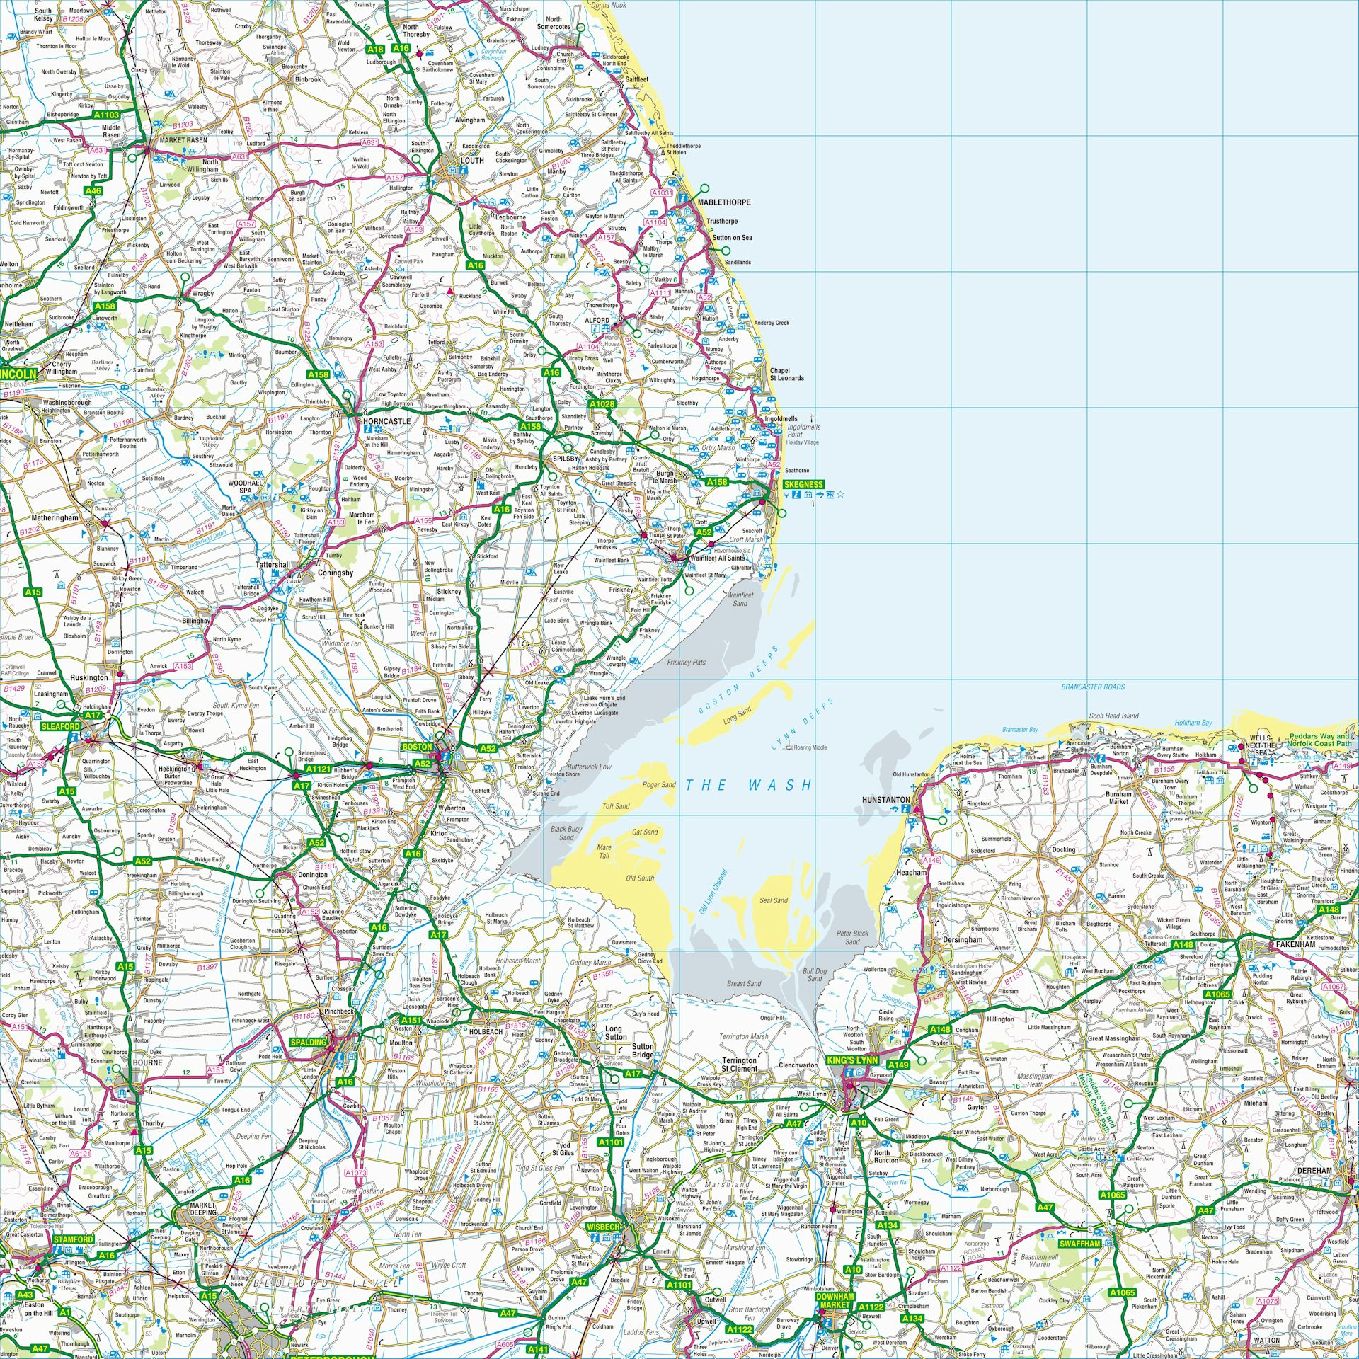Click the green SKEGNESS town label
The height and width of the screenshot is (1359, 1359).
click(803, 485)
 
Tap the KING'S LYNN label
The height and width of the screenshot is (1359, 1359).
click(852, 1060)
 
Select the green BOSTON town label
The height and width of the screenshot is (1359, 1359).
click(417, 747)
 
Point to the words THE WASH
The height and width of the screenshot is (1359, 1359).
click(748, 785)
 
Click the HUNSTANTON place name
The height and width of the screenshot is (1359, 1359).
click(885, 800)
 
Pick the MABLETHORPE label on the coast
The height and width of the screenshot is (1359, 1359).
click(724, 202)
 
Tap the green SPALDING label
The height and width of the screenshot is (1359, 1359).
click(309, 1043)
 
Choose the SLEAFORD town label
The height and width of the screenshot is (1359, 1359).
click(61, 726)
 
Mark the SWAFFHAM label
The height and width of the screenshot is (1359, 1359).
click(1079, 1244)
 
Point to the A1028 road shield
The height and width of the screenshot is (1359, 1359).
click(602, 404)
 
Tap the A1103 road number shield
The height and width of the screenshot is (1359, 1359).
click(107, 115)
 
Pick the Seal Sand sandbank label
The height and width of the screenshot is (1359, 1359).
click(774, 900)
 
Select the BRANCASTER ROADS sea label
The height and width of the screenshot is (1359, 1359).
click(1093, 687)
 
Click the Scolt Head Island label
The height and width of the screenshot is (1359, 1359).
click(1113, 716)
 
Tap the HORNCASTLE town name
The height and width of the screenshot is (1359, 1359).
click(386, 421)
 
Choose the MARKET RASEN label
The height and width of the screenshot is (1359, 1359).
click(183, 140)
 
